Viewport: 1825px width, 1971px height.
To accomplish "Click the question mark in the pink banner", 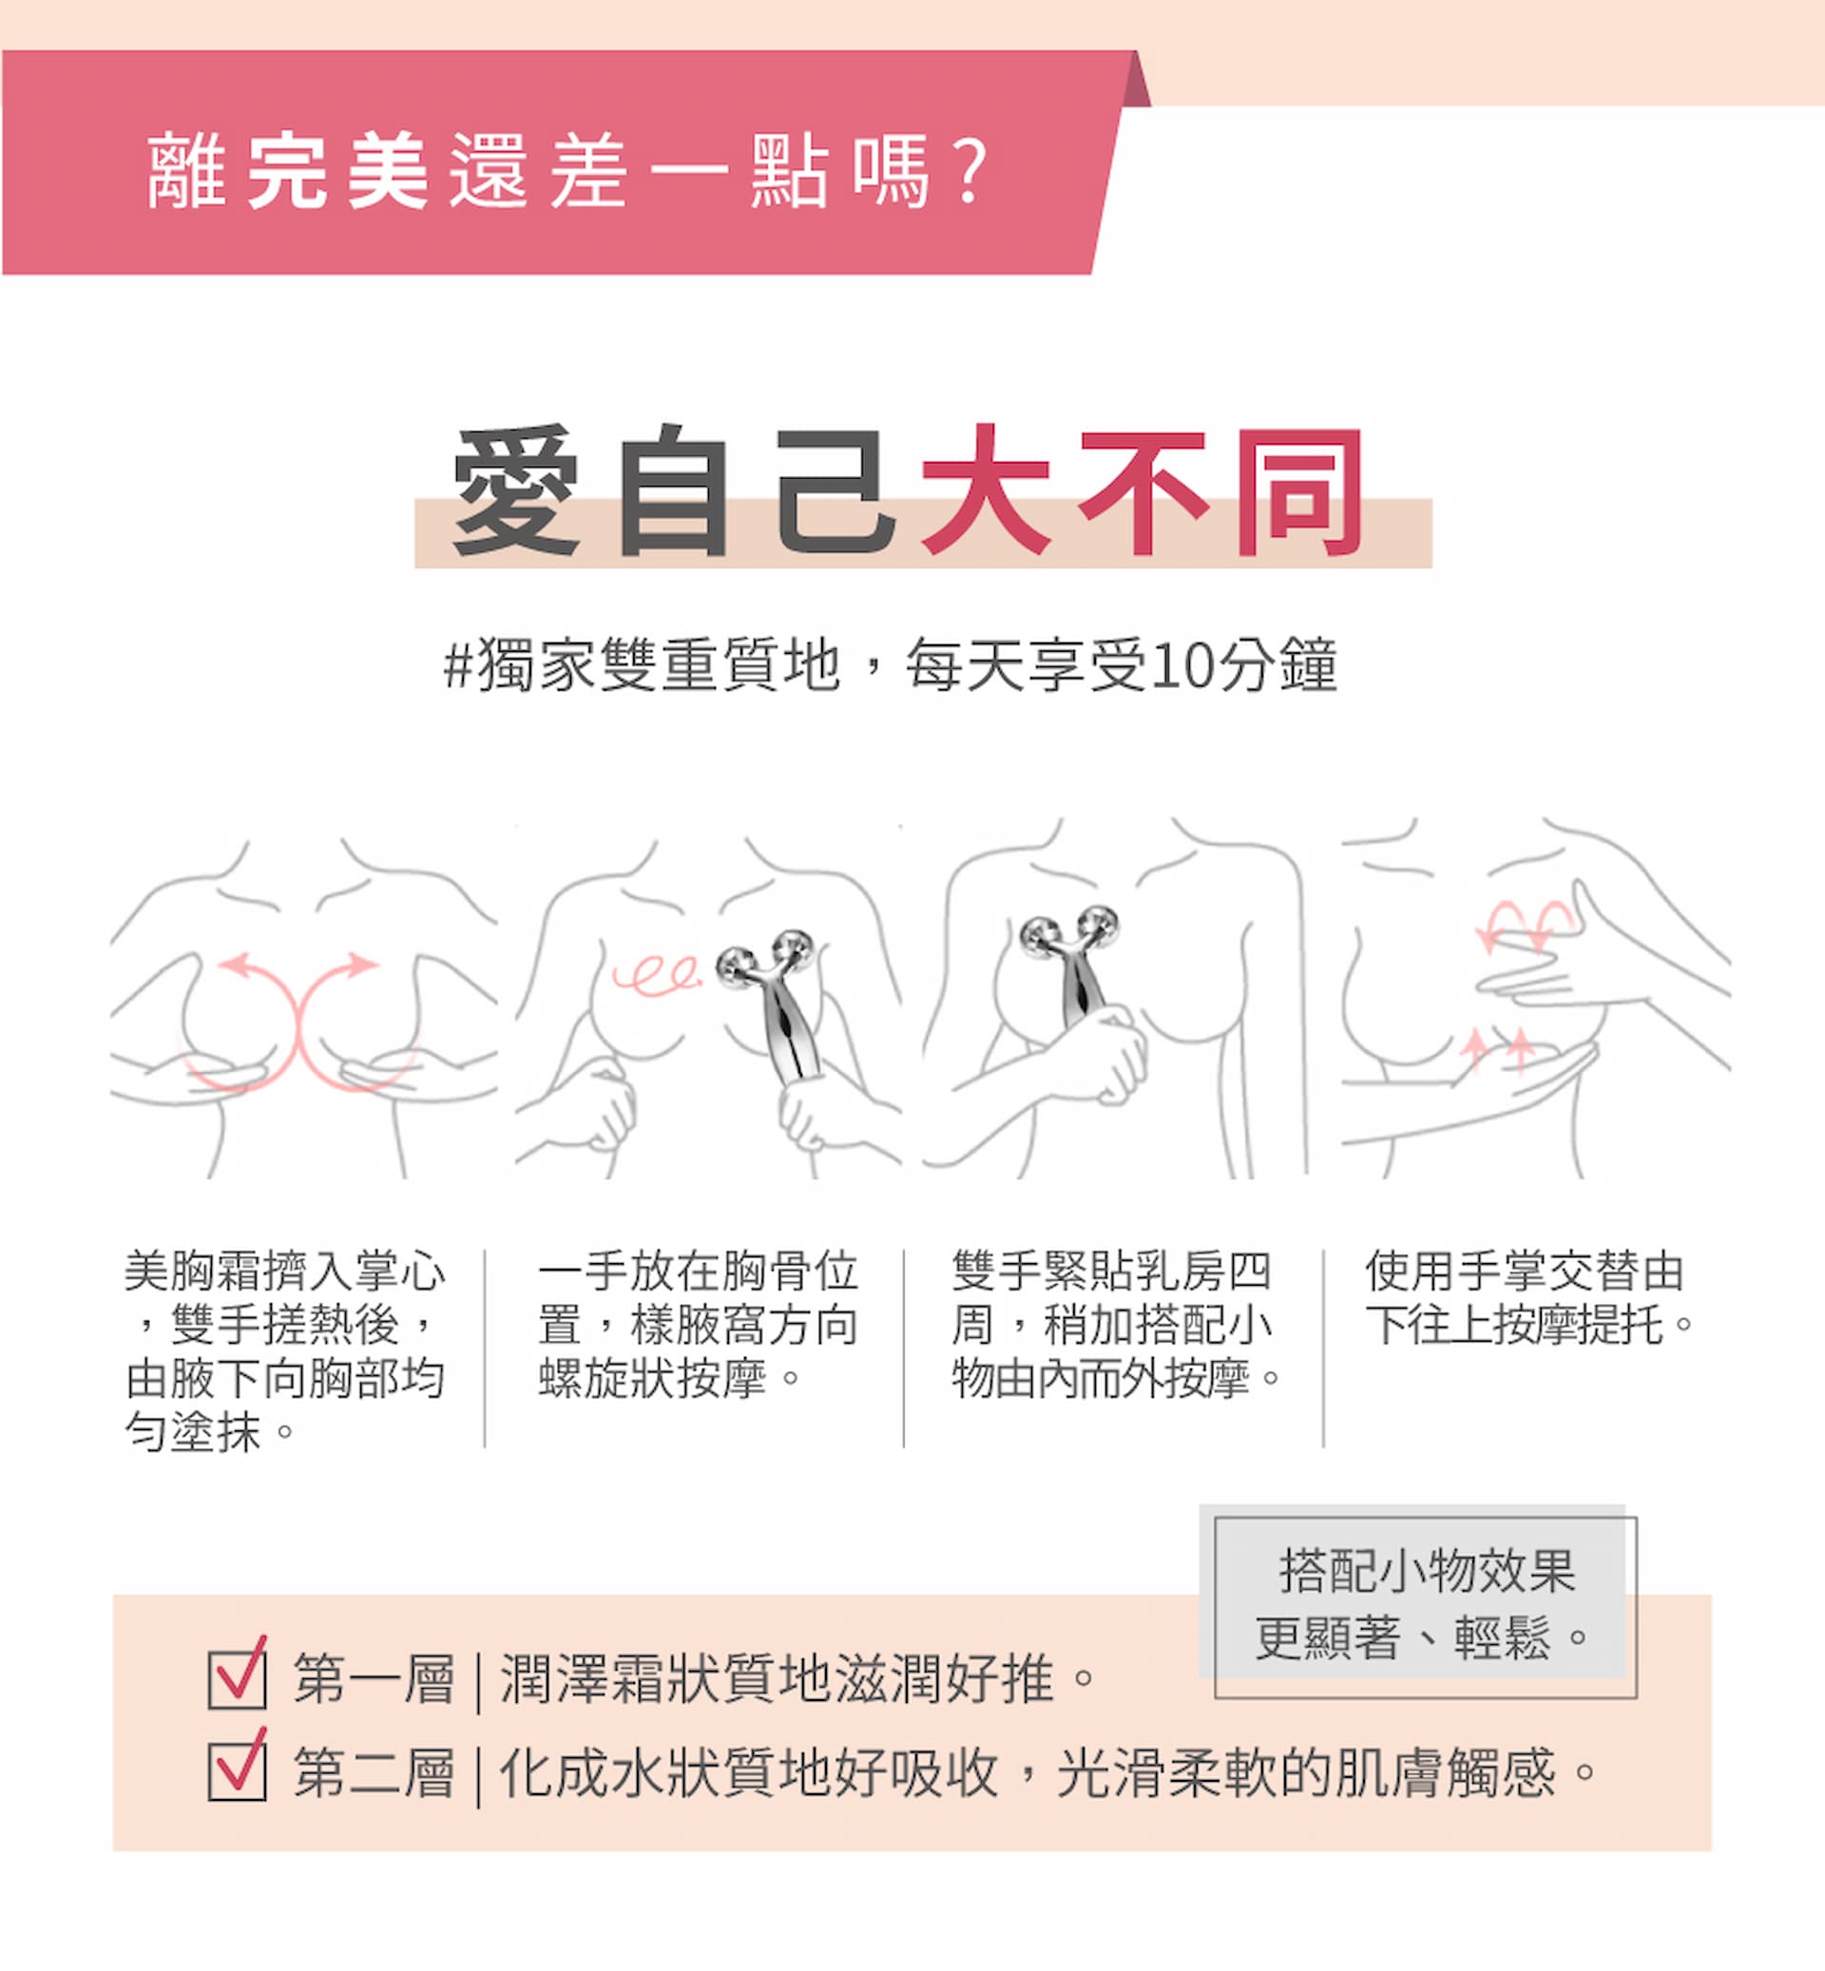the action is pos(971,172).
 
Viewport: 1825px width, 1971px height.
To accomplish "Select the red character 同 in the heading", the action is pos(1298,490).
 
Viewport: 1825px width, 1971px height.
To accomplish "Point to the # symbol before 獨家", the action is pos(459,665).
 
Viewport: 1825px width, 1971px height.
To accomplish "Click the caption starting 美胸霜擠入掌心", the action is pos(285,1350).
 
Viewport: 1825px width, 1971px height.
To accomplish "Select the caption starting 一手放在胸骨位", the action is pos(699,1324).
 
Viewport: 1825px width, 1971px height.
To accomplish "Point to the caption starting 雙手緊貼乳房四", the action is pos(1116,1324).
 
